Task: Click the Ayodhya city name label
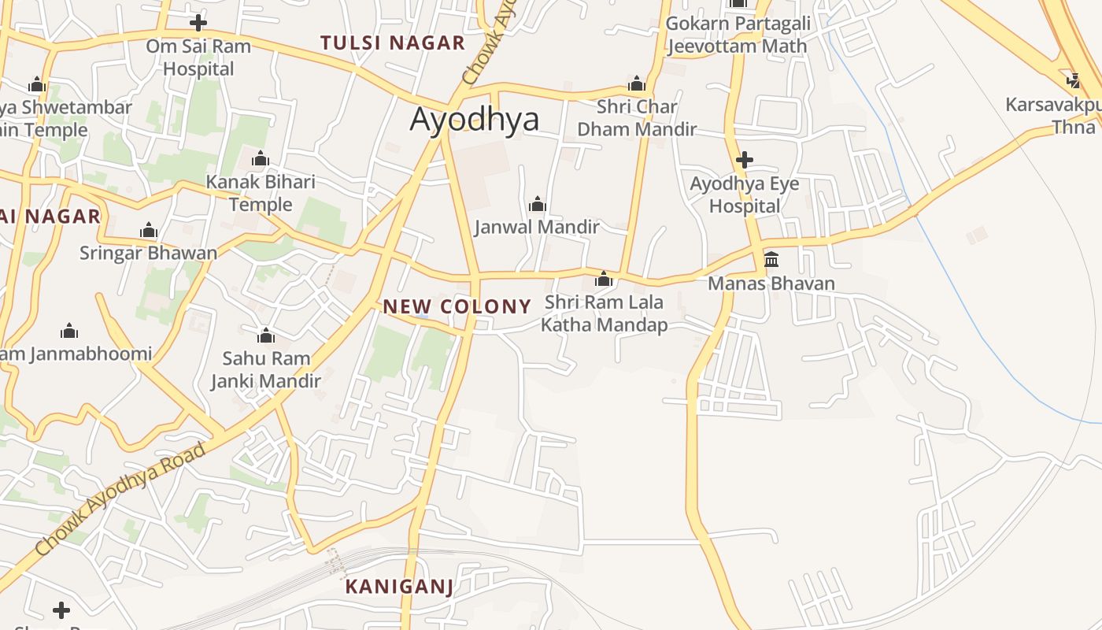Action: (475, 120)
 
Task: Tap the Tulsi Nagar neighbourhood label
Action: (393, 43)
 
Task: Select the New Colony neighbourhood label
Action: (457, 306)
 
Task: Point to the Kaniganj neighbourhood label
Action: (399, 587)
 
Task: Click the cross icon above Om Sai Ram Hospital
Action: (198, 22)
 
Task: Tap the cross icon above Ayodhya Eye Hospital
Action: (744, 161)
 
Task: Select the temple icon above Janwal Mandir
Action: (538, 205)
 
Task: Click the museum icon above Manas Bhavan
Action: (771, 260)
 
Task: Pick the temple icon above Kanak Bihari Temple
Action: (261, 159)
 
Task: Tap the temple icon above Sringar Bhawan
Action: (149, 231)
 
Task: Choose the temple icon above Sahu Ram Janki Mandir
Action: (266, 336)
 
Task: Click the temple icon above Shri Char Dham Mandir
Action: (637, 84)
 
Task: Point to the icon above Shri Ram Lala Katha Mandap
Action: (604, 279)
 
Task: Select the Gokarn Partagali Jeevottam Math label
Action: (738, 35)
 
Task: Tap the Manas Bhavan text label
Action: (771, 283)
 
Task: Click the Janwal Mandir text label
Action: (537, 228)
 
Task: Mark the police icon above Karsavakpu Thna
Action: (1074, 80)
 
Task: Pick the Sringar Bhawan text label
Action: (148, 254)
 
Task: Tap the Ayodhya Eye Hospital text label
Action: (745, 195)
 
